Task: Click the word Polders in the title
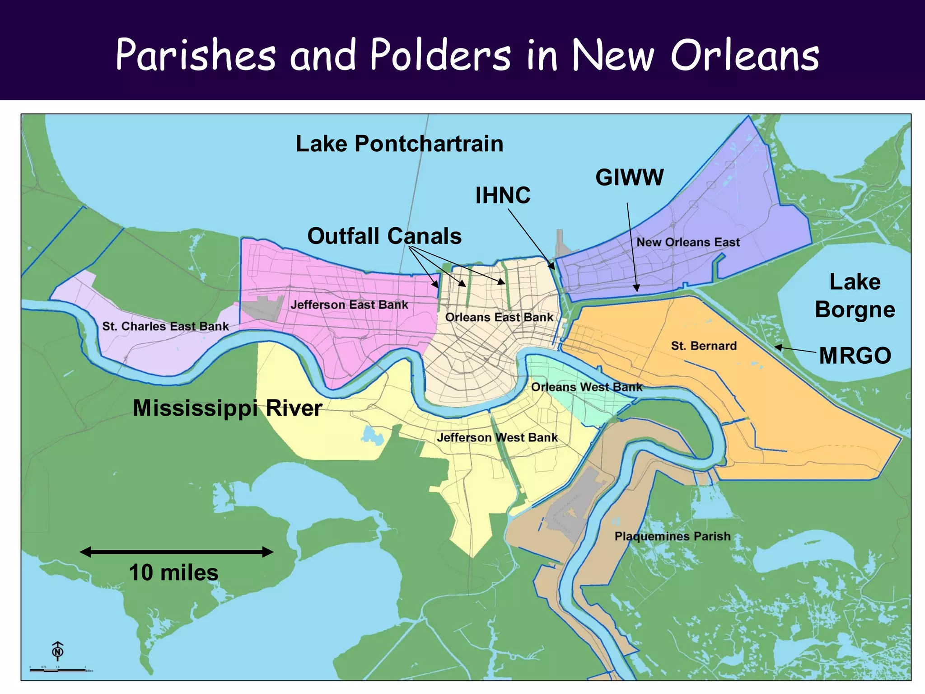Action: pyautogui.click(x=440, y=55)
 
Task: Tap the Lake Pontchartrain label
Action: pyautogui.click(x=399, y=144)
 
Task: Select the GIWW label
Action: pyautogui.click(x=629, y=177)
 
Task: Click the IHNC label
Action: pyautogui.click(x=503, y=195)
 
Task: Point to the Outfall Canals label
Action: pyautogui.click(x=384, y=236)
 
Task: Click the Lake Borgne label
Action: pyautogui.click(x=855, y=296)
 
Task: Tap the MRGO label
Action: pyautogui.click(x=855, y=355)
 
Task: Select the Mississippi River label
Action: pyautogui.click(x=227, y=408)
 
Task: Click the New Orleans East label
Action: pyautogui.click(x=688, y=242)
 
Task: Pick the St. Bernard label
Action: pyautogui.click(x=704, y=346)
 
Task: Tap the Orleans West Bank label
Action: pyautogui.click(x=586, y=387)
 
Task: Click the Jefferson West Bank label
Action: pyautogui.click(x=497, y=437)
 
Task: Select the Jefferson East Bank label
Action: pyautogui.click(x=349, y=305)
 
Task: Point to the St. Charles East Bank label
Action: pyautogui.click(x=165, y=326)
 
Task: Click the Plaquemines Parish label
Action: pyautogui.click(x=672, y=536)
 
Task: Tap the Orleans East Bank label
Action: pyautogui.click(x=499, y=317)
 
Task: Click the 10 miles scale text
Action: pyautogui.click(x=174, y=572)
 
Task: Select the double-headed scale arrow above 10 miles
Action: pyautogui.click(x=176, y=552)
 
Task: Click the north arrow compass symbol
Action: pyautogui.click(x=58, y=651)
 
